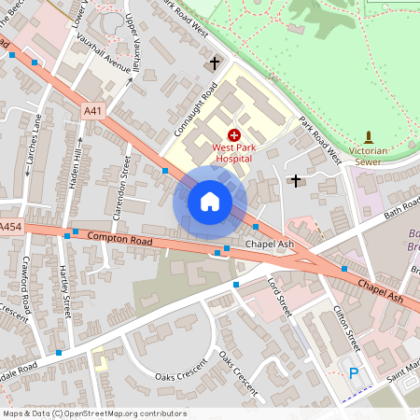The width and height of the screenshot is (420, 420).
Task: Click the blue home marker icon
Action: [x=210, y=202]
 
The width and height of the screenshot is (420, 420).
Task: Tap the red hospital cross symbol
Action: [x=233, y=135]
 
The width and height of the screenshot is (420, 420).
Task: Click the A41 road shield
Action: [x=91, y=111]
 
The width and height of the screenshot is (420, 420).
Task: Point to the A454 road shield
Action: [x=10, y=227]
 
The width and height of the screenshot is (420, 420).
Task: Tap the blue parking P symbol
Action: [x=354, y=373]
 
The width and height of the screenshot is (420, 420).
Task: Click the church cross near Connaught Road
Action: [x=215, y=63]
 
